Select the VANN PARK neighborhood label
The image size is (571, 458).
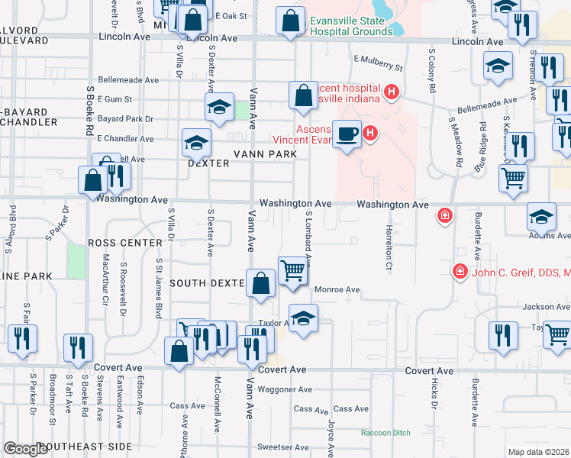click(x=264, y=153)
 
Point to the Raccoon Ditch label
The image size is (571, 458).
click(x=386, y=433)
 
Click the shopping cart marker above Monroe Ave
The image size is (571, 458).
click(x=292, y=270)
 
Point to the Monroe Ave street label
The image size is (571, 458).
click(x=337, y=290)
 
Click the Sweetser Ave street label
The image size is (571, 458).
click(x=282, y=447)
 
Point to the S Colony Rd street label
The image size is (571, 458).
click(x=432, y=70)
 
